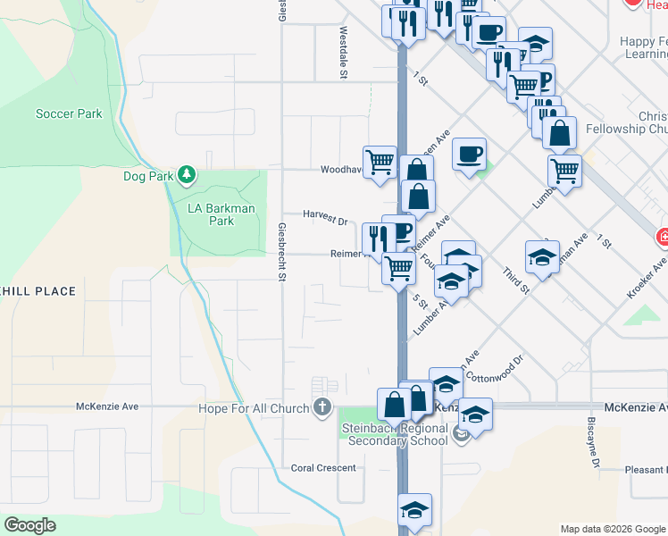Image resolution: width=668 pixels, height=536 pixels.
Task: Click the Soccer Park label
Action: pyautogui.click(x=69, y=114)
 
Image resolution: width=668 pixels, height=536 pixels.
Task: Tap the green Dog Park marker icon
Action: pyautogui.click(x=186, y=174)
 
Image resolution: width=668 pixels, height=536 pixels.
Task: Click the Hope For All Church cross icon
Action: pyautogui.click(x=322, y=408)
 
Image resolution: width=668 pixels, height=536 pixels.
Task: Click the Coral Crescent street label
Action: pyautogui.click(x=323, y=467)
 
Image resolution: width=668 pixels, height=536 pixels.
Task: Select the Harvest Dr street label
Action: pyautogui.click(x=324, y=216)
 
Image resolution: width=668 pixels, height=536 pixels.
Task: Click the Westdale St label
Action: pyautogui.click(x=343, y=52)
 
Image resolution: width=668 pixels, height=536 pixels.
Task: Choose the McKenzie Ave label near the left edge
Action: pyautogui.click(x=107, y=406)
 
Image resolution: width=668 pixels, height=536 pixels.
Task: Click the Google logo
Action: pyautogui.click(x=29, y=525)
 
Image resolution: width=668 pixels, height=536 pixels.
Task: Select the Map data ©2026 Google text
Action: pyautogui.click(x=612, y=529)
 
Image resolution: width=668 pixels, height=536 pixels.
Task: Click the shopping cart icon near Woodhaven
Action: pyautogui.click(x=380, y=161)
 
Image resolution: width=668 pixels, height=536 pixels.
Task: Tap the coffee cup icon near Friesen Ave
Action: pyautogui.click(x=469, y=153)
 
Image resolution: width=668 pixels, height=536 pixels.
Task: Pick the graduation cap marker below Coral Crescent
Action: pyautogui.click(x=414, y=510)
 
